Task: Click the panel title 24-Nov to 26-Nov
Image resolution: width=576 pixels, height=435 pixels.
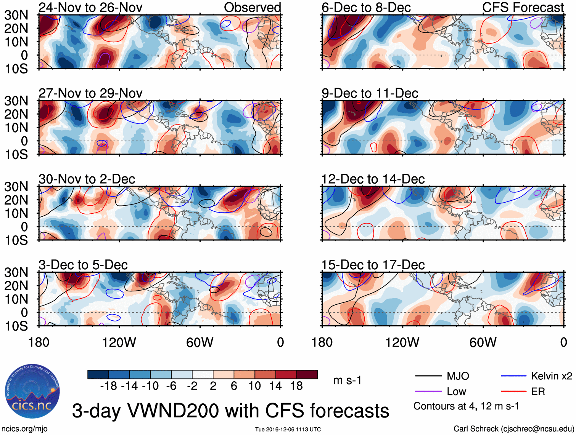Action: pos(90,8)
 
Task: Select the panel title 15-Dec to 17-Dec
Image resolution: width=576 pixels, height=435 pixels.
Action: pos(373,265)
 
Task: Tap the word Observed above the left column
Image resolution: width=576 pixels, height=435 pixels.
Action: pos(252,8)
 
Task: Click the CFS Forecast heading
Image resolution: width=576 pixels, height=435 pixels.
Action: pos(523,8)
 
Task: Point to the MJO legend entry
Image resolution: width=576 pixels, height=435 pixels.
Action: pos(458,376)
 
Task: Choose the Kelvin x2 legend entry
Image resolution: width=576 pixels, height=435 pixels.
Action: pos(551,376)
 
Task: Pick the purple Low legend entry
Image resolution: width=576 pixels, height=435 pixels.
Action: pos(456,392)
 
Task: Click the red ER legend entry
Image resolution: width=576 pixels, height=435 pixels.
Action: pos(538,392)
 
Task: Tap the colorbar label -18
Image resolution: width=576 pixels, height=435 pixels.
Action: pos(109,386)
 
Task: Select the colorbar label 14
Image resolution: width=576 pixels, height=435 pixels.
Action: pos(275,386)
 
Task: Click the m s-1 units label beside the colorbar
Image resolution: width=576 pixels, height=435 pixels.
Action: pos(347,381)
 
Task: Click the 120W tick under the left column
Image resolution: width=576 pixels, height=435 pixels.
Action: pos(119,342)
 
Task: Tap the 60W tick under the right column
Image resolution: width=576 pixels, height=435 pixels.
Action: pos(483,342)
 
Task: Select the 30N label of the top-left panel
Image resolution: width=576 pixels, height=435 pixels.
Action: pos(16,15)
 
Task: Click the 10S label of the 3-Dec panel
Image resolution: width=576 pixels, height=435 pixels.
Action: pos(16,326)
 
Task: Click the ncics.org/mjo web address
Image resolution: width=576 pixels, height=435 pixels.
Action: pos(24,429)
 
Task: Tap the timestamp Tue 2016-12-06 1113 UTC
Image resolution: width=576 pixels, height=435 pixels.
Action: pos(288,430)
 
